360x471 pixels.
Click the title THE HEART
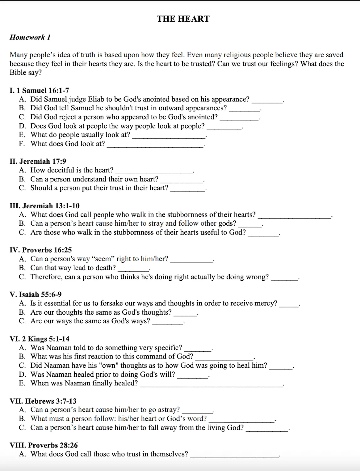(x=183, y=19)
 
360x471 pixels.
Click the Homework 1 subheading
(x=30, y=37)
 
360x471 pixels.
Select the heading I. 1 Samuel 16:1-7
(x=39, y=91)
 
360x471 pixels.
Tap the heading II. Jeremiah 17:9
(x=38, y=161)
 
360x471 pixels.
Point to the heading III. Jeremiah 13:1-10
(x=44, y=206)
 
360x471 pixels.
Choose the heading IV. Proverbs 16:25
(x=40, y=250)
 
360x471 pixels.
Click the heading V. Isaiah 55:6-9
(x=36, y=295)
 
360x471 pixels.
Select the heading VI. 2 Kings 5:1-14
(x=40, y=339)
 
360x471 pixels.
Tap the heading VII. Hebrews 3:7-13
(x=43, y=401)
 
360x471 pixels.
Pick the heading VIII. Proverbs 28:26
(x=44, y=445)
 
